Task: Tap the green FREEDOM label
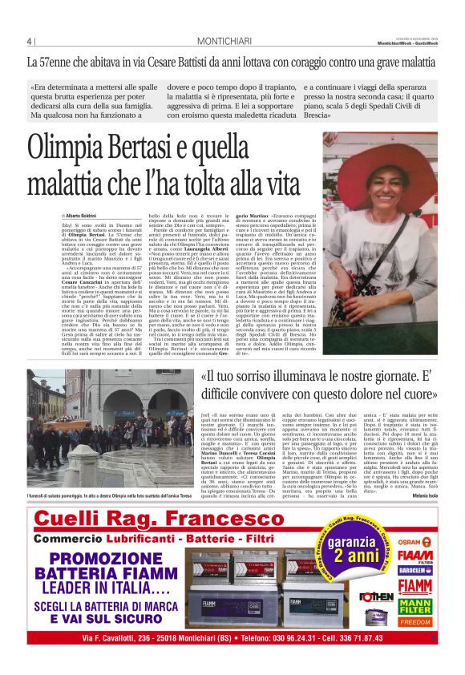coord(415,621)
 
